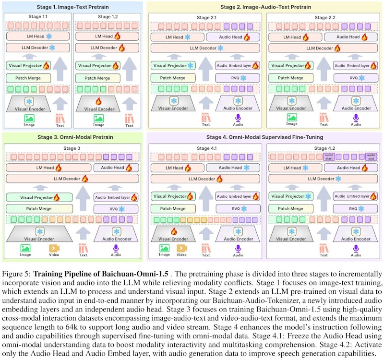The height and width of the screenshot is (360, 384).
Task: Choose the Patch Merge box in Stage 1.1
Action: point(28,78)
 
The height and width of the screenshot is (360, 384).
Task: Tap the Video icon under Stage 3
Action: point(53,248)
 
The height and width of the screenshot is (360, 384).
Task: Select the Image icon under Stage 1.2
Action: point(98,117)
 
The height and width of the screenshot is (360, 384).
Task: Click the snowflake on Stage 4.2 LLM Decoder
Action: point(338,179)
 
